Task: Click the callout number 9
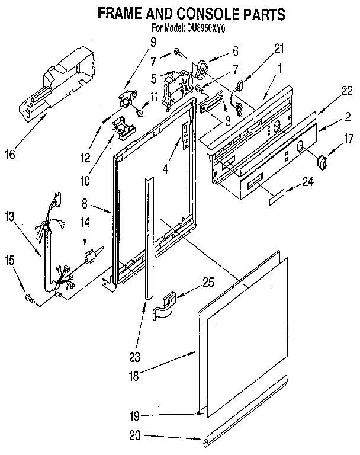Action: (x=153, y=41)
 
